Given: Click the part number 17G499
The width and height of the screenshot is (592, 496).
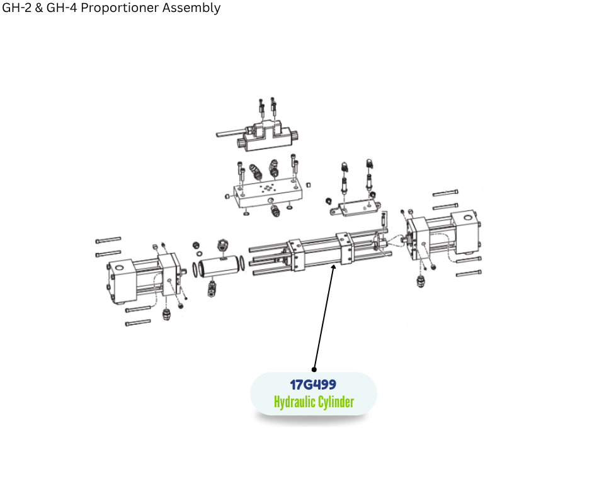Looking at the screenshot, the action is [x=313, y=385].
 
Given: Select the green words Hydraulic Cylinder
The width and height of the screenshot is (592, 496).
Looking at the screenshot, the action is [x=314, y=402].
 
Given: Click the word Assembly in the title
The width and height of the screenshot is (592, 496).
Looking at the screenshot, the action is [x=191, y=8].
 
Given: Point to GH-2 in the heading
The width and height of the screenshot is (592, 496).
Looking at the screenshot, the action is [x=17, y=8].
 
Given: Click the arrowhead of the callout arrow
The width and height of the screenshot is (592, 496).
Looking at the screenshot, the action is [x=333, y=268].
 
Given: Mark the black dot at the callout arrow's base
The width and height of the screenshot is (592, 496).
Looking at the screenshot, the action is [x=314, y=369].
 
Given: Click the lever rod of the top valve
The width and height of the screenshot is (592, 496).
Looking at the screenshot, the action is [x=231, y=132].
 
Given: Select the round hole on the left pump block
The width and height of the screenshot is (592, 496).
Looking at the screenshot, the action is [x=119, y=268].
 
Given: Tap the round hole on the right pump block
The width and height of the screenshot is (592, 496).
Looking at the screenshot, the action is [x=467, y=218].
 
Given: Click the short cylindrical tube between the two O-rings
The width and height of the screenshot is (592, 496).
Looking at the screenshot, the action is [x=220, y=266].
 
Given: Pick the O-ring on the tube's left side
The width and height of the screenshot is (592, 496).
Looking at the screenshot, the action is [x=195, y=269].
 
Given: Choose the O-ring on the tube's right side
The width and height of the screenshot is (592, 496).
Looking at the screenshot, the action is [x=242, y=262].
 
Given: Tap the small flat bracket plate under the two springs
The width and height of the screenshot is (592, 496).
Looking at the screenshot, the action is [x=356, y=208].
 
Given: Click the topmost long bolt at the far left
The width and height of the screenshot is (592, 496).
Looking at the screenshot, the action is [x=108, y=240].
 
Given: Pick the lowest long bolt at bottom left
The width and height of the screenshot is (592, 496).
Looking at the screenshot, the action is [x=138, y=323].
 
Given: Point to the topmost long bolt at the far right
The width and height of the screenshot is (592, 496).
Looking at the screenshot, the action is [x=445, y=193].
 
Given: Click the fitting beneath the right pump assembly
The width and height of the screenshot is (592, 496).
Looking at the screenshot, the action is [x=421, y=281].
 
